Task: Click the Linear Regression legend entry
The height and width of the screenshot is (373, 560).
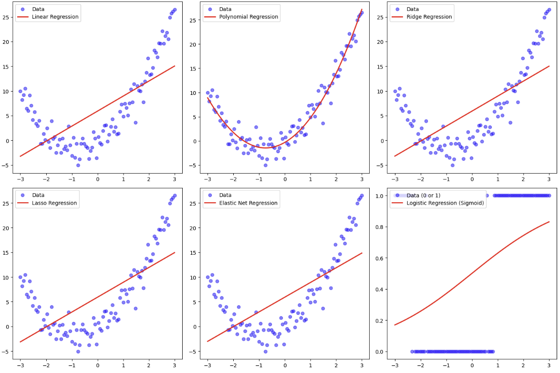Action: point(55,17)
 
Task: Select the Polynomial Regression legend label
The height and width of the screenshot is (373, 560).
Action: point(248,17)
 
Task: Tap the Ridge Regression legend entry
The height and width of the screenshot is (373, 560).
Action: point(431,17)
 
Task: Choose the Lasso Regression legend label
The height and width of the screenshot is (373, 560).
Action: point(54,203)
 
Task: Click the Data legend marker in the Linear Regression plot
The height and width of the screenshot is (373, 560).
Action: point(22,9)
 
